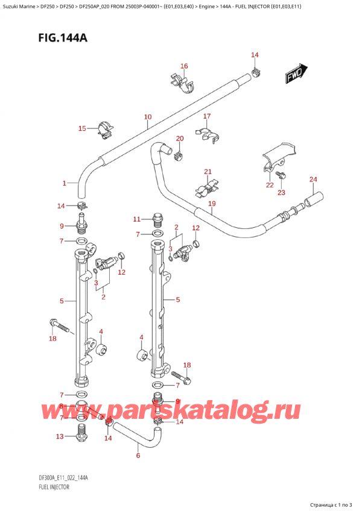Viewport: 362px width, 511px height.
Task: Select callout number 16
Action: pyautogui.click(x=184, y=66)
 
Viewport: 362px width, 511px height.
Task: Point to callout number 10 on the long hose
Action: pyautogui.click(x=148, y=117)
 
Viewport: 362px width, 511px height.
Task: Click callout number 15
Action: pyautogui.click(x=83, y=128)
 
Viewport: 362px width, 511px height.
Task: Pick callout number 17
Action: pyautogui.click(x=207, y=116)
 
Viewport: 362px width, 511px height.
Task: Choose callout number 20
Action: pyautogui.click(x=179, y=139)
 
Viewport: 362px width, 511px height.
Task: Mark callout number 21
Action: pyautogui.click(x=208, y=172)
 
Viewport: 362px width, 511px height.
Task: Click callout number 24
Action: pyautogui.click(x=313, y=179)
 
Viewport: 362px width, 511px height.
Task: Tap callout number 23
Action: pyautogui.click(x=281, y=192)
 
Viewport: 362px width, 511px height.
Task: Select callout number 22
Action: pyautogui.click(x=269, y=185)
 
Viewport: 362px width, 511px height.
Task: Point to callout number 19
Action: pyautogui.click(x=212, y=204)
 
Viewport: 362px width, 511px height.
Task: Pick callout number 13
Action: pyautogui.click(x=59, y=436)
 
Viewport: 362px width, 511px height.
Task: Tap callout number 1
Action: pyautogui.click(x=64, y=183)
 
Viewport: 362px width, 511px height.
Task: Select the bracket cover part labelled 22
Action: pyautogui.click(x=277, y=155)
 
